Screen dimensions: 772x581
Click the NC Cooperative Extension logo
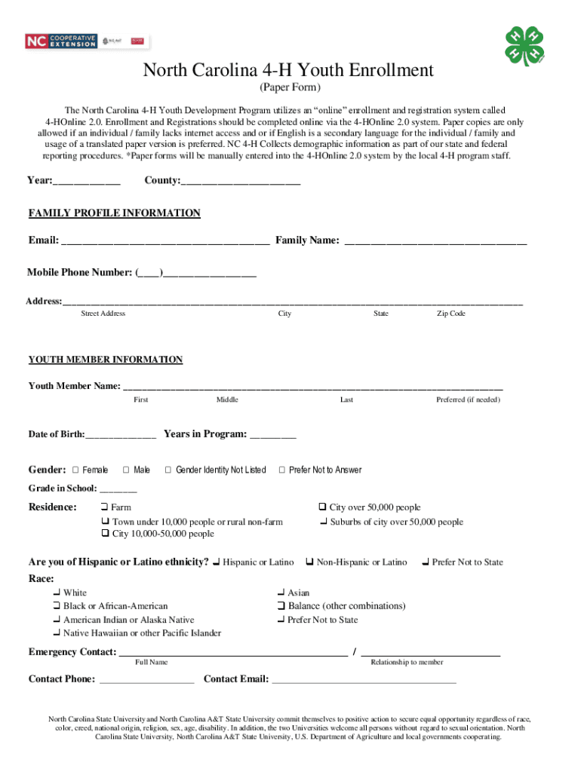(61, 41)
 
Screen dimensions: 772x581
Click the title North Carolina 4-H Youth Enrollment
(289, 71)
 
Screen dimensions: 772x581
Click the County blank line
(241, 182)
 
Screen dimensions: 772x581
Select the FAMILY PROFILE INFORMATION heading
(115, 213)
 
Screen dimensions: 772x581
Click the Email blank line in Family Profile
(165, 241)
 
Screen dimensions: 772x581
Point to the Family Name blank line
(435, 241)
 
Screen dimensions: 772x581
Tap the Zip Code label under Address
(451, 314)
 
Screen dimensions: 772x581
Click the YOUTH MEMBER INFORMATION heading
(106, 360)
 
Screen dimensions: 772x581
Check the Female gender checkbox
(75, 470)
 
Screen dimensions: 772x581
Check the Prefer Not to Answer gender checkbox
(282, 470)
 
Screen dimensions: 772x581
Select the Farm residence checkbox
(105, 507)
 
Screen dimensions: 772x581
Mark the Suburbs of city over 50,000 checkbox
(323, 522)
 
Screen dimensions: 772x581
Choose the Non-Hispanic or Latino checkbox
(309, 562)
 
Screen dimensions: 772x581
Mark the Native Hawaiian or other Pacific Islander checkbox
(57, 633)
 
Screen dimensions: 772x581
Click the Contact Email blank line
(364, 681)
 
